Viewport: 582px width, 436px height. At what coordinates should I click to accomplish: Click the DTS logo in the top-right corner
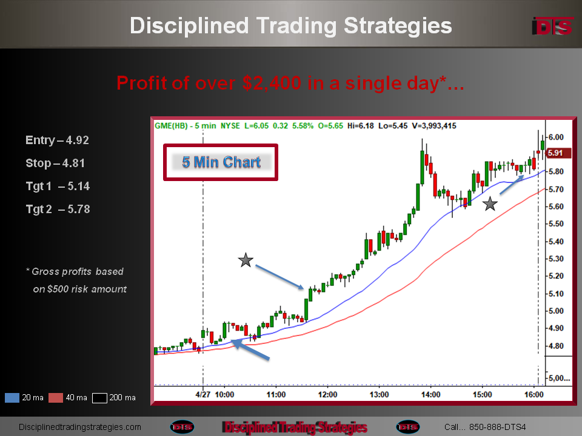(552, 26)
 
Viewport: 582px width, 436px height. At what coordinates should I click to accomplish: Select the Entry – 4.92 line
(57, 140)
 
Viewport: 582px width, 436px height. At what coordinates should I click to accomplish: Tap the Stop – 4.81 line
(55, 163)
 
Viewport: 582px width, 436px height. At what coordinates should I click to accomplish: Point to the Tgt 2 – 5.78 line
(58, 209)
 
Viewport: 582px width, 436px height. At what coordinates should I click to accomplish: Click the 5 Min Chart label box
(221, 162)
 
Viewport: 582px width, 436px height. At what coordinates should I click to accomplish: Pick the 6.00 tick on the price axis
(556, 137)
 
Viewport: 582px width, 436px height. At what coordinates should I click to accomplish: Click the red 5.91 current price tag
(557, 153)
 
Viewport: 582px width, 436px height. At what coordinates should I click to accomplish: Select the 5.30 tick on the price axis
(556, 259)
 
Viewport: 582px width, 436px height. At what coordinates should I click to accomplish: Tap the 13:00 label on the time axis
(379, 394)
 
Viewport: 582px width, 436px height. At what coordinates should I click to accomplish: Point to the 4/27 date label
(202, 394)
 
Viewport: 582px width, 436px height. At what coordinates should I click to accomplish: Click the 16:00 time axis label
(533, 394)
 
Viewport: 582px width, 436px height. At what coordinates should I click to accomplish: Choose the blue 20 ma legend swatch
(12, 398)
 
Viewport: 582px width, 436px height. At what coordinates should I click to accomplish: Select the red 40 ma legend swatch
(56, 398)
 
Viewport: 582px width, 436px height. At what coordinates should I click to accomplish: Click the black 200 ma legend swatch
(99, 398)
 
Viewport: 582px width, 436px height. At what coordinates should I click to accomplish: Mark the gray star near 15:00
(490, 204)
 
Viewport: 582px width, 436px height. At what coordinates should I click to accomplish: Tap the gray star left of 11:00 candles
(246, 260)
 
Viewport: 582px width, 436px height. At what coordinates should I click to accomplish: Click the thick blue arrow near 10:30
(250, 349)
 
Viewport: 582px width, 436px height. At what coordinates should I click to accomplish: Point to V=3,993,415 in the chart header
(434, 126)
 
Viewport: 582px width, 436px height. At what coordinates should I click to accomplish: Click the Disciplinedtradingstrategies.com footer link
(80, 427)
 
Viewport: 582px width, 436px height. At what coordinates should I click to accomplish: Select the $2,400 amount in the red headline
(272, 83)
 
